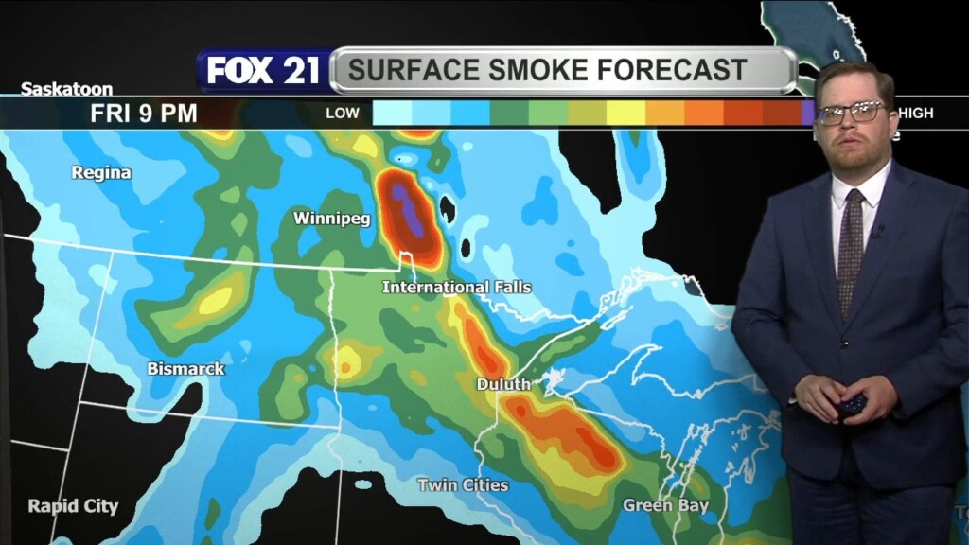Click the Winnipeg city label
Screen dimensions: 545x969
(331, 219)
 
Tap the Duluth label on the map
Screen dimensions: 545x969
(503, 385)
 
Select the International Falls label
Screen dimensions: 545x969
(456, 287)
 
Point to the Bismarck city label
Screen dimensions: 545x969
(185, 369)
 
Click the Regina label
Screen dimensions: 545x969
(101, 173)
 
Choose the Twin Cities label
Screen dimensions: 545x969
(463, 485)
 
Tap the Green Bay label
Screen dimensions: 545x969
(665, 505)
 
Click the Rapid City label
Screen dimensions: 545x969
(73, 506)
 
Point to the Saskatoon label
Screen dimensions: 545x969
(66, 89)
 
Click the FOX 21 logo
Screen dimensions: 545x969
(264, 71)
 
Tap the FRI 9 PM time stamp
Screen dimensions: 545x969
(144, 114)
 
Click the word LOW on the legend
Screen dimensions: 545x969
(343, 114)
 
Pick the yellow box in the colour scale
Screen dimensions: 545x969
(625, 114)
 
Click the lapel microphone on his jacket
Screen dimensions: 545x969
(879, 230)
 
